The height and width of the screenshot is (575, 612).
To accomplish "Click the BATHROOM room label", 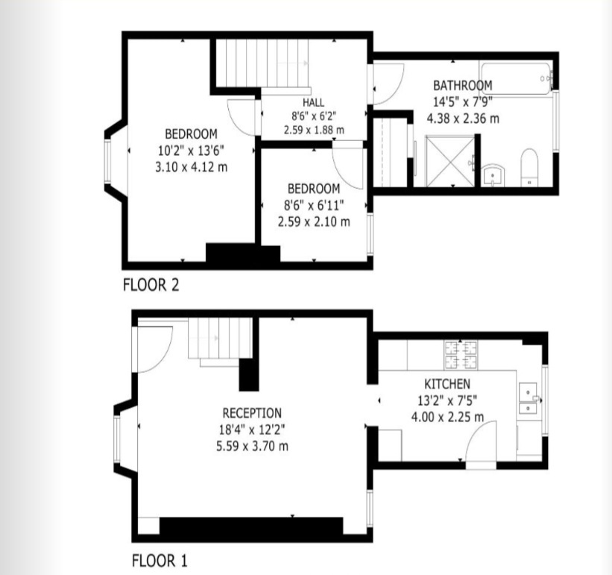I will tap(463, 86).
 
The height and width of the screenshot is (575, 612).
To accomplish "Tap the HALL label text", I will tap(314, 102).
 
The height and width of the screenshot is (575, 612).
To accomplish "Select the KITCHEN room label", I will tap(448, 383).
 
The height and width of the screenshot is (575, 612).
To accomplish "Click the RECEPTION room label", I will tap(252, 412).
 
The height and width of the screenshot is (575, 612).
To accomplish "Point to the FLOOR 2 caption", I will tap(151, 284).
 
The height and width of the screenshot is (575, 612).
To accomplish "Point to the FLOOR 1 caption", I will tap(160, 560).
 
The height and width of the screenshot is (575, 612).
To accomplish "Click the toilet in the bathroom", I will tap(529, 166).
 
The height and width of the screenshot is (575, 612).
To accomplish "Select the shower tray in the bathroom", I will tap(449, 160).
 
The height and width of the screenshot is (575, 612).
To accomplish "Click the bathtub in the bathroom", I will tap(517, 75).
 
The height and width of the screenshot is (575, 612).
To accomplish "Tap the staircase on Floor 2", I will tap(262, 63).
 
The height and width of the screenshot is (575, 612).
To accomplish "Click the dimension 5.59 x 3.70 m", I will tap(252, 446).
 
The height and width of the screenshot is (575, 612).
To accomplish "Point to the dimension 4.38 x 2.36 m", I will tap(463, 118).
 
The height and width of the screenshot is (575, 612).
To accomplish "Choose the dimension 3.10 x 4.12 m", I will tap(191, 166).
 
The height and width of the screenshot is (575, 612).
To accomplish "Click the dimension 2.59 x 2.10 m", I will tap(314, 221).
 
